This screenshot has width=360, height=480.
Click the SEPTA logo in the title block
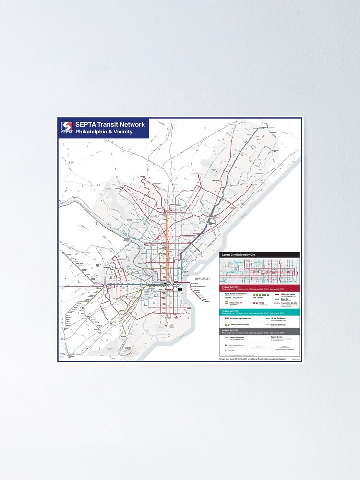tap(67, 128)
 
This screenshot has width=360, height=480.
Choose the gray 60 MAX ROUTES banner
tap(259, 331)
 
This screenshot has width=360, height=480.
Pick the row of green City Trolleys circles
tap(260, 294)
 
